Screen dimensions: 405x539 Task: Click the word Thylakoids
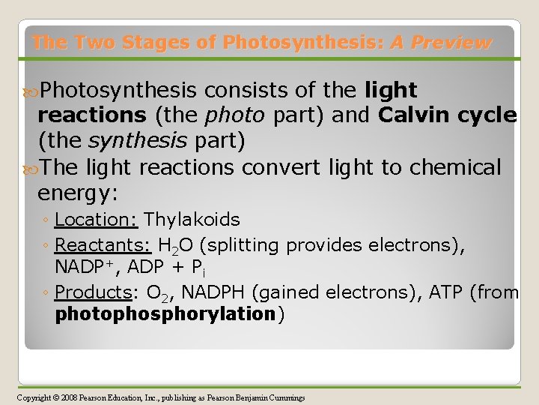pos(192,220)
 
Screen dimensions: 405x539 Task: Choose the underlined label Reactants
pos(101,245)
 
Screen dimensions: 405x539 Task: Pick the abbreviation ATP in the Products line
pos(445,292)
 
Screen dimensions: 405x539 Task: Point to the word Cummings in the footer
pos(284,397)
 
